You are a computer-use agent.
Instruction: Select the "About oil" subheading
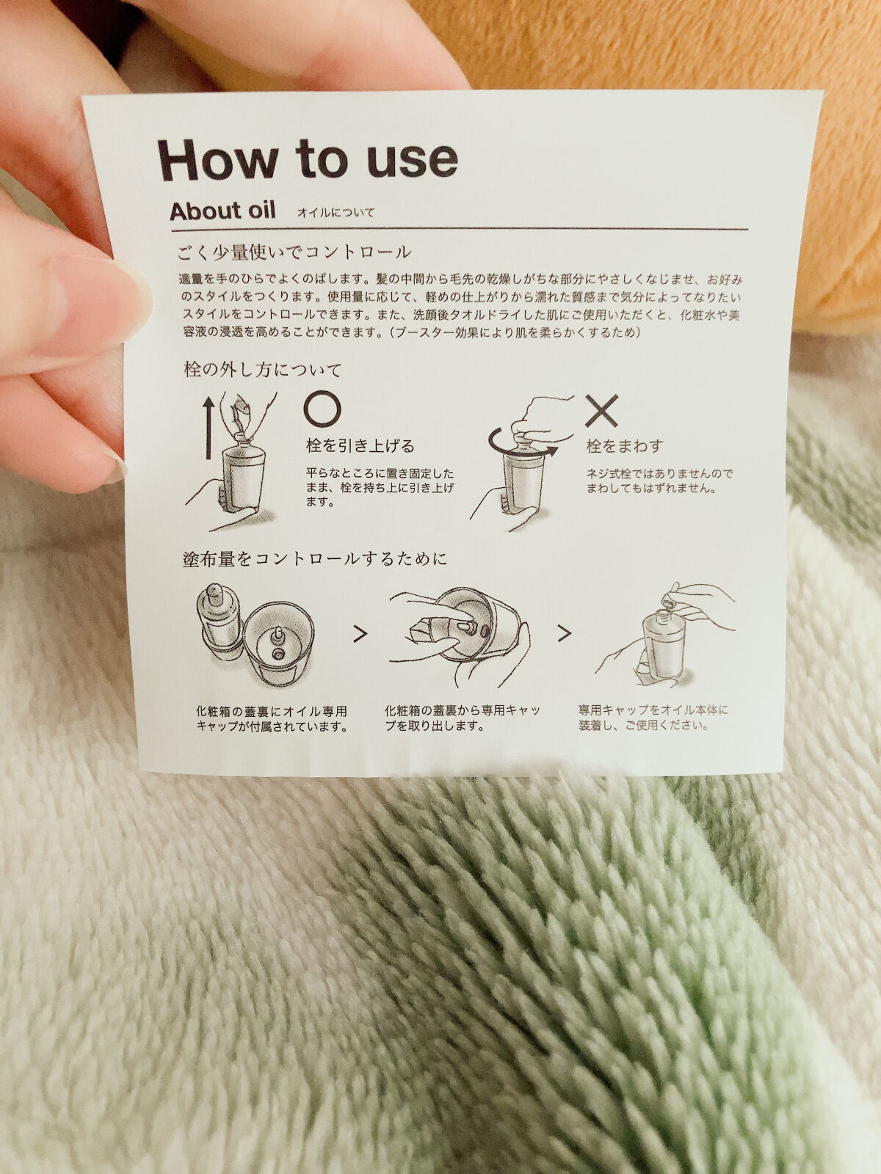click(222, 211)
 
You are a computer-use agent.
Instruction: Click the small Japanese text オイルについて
click(336, 213)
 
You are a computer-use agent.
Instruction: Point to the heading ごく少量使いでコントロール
click(294, 252)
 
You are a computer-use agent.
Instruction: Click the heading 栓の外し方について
click(262, 369)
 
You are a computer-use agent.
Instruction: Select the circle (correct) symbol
click(322, 408)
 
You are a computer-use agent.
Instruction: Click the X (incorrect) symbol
click(601, 411)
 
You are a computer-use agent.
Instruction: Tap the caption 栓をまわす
click(625, 445)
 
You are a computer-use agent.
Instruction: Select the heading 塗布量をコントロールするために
click(315, 559)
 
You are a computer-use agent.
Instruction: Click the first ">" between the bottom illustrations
click(360, 634)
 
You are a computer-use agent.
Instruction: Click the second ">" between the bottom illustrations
click(564, 633)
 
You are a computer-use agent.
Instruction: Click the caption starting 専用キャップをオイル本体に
click(653, 718)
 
